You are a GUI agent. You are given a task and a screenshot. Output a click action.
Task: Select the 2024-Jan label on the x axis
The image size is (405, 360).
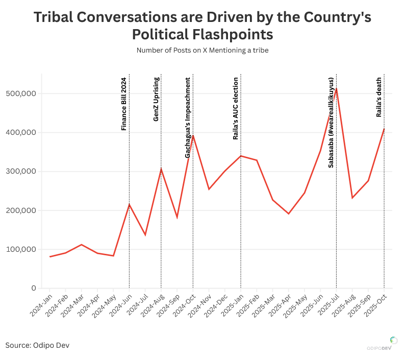pyautogui.click(x=41, y=305)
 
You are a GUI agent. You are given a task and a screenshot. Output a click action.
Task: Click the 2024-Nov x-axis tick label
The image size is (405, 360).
pyautogui.click(x=200, y=305)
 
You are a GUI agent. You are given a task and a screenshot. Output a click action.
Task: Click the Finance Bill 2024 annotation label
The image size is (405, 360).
pyautogui.click(x=123, y=104)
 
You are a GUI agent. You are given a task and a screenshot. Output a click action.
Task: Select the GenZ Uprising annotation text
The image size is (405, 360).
pyautogui.click(x=156, y=99)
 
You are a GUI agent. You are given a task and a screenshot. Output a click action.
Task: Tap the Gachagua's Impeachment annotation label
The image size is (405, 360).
pyautogui.click(x=188, y=117)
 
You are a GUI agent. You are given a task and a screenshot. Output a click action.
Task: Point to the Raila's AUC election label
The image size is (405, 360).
pyautogui.click(x=236, y=108)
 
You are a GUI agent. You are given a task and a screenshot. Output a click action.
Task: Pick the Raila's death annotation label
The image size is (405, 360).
pyautogui.click(x=379, y=96)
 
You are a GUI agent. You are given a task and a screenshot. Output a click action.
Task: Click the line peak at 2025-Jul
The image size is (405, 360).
pyautogui.click(x=336, y=89)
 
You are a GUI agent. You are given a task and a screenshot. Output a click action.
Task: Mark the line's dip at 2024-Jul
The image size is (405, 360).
pyautogui.click(x=145, y=235)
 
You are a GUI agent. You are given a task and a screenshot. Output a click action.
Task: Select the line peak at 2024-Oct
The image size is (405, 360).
pyautogui.click(x=193, y=136)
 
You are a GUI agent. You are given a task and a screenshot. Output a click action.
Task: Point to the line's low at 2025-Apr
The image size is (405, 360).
pyautogui.click(x=289, y=213)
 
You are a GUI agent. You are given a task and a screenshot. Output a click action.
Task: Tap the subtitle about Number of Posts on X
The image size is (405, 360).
pyautogui.click(x=202, y=51)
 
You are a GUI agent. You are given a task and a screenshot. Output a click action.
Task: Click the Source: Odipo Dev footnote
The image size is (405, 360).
pyautogui.click(x=37, y=346)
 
